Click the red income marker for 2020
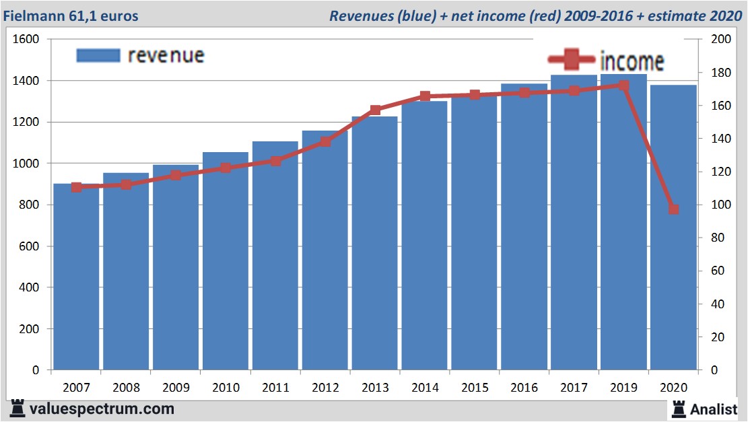(673, 209)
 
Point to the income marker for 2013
(375, 110)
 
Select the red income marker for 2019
(623, 85)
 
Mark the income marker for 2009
(176, 175)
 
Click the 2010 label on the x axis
(226, 388)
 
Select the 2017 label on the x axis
(574, 388)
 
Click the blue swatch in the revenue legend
(98, 55)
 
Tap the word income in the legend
(632, 61)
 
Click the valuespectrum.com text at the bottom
(102, 409)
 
